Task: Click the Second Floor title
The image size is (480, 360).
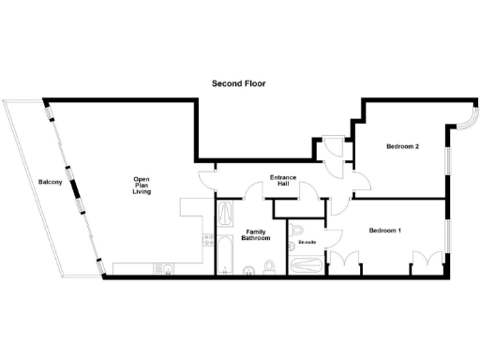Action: pyautogui.click(x=238, y=83)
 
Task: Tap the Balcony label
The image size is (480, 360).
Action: pyautogui.click(x=50, y=182)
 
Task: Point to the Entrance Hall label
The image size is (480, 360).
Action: pyautogui.click(x=283, y=181)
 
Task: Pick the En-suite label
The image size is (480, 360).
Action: pyautogui.click(x=307, y=243)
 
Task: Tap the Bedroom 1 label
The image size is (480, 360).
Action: pyautogui.click(x=384, y=231)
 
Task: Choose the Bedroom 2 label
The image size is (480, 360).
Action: pyautogui.click(x=402, y=146)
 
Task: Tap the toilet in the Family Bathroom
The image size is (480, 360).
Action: pyautogui.click(x=269, y=269)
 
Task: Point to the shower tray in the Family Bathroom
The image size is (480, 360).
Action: pyautogui.click(x=226, y=215)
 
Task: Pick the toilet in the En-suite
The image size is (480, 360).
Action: pyautogui.click(x=296, y=228)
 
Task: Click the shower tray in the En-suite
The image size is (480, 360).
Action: pyautogui.click(x=306, y=265)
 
